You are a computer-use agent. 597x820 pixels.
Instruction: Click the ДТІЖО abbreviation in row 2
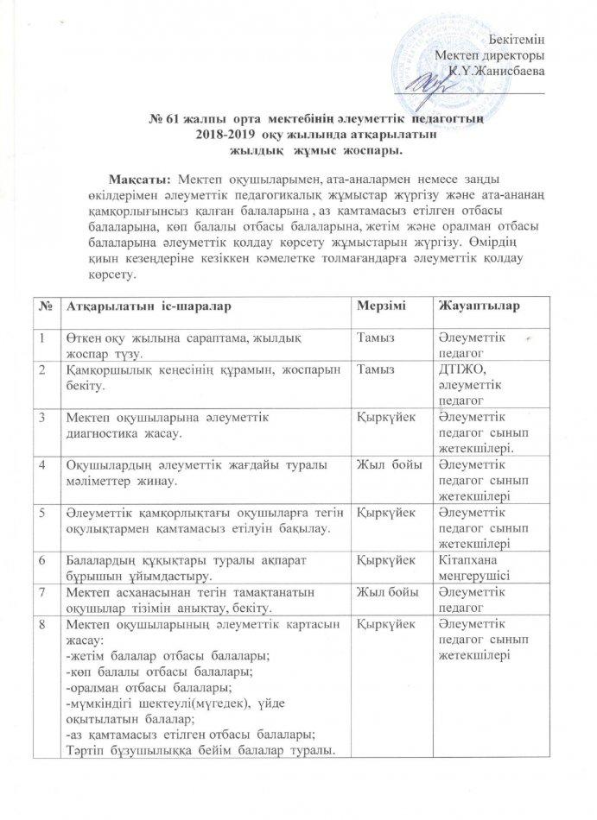459,367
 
